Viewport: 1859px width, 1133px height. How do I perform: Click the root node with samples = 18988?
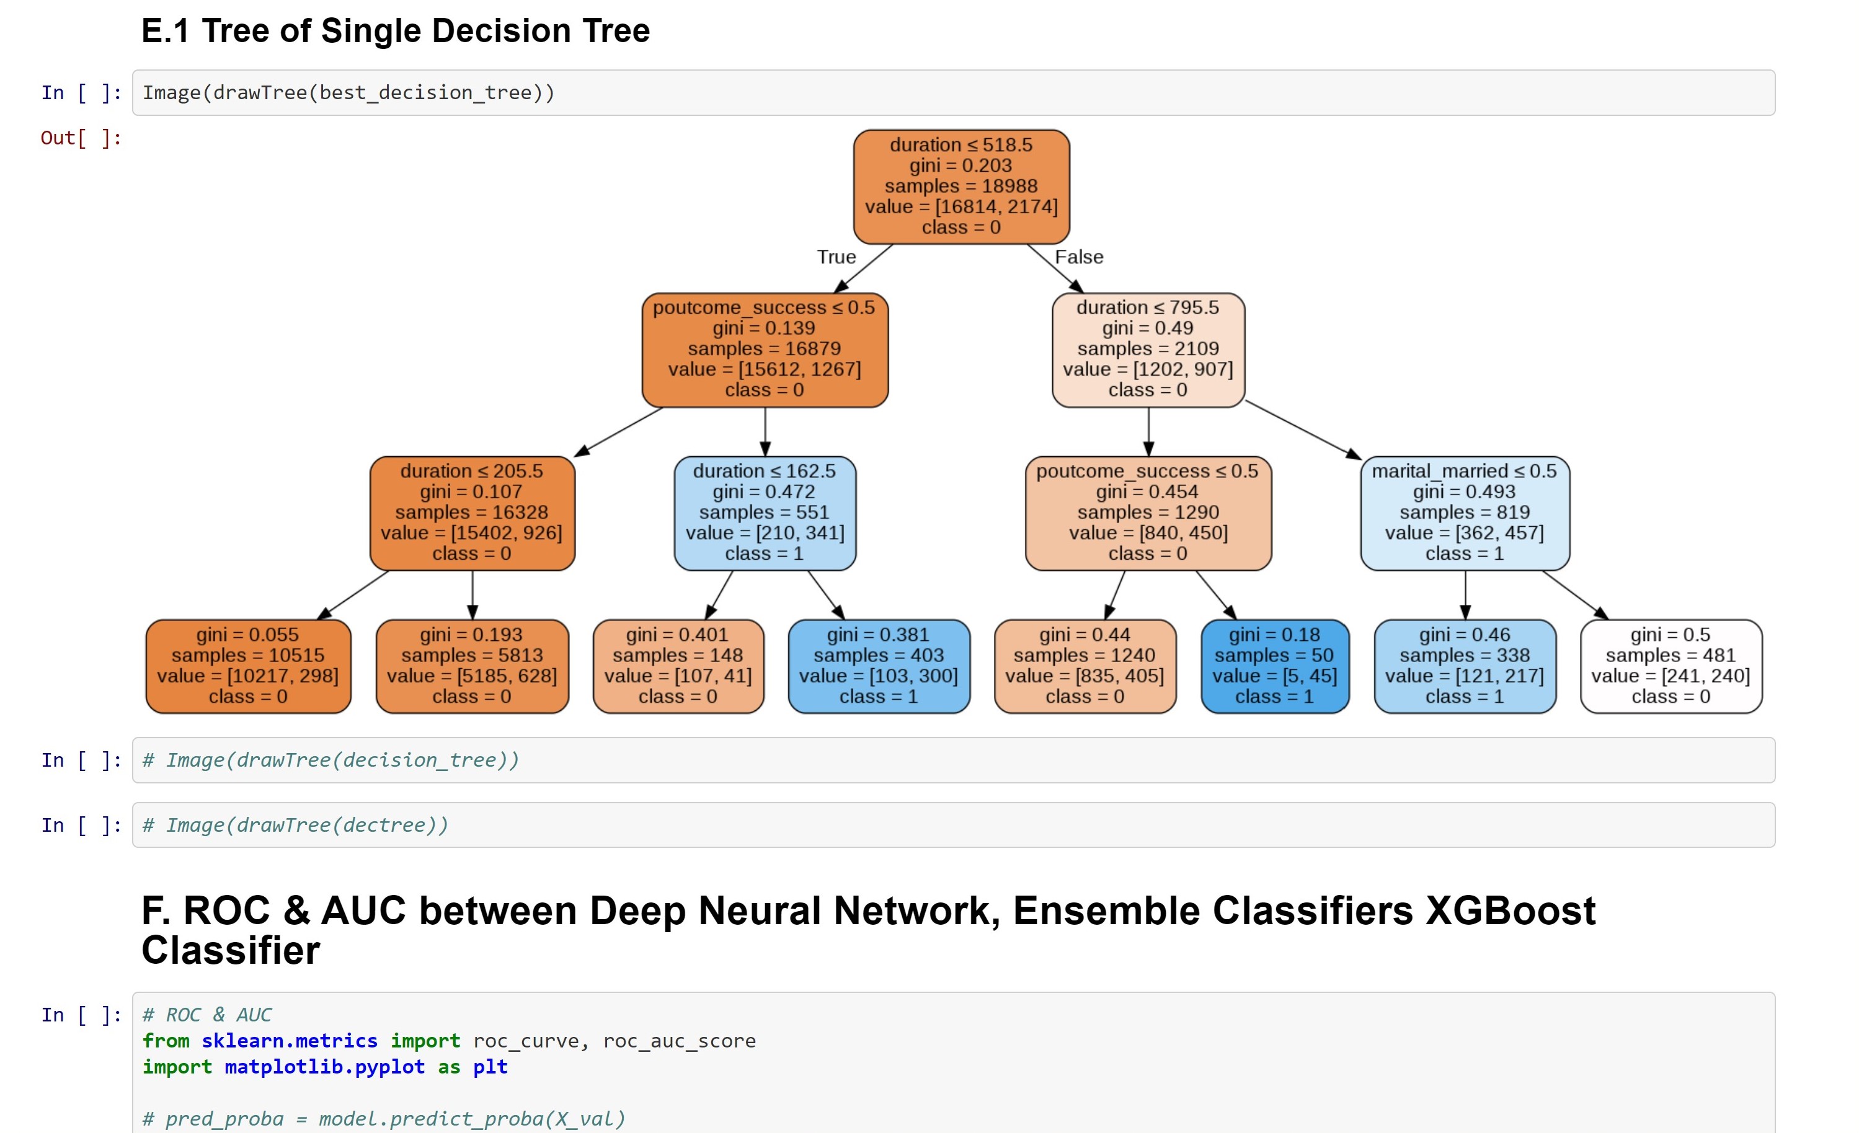pos(961,187)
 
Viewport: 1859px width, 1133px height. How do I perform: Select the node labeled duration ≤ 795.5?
pos(1148,349)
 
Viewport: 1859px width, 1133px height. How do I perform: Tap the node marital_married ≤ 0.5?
pos(1465,513)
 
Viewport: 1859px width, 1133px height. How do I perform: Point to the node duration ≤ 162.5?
pos(765,513)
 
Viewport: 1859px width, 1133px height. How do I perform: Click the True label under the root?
pos(836,257)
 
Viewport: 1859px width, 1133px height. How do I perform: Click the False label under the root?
pos(1078,257)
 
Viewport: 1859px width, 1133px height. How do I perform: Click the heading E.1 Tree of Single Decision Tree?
pos(396,31)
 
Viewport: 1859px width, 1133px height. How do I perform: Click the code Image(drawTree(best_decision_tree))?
pos(348,93)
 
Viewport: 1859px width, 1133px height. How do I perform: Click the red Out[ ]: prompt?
pos(81,138)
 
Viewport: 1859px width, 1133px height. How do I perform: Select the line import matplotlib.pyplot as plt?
pos(325,1067)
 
